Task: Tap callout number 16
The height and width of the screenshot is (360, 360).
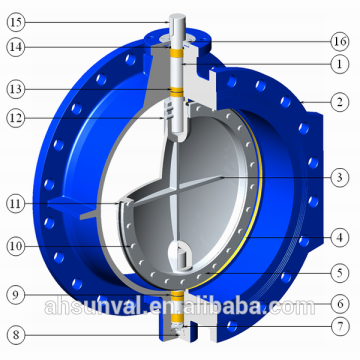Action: [340, 41]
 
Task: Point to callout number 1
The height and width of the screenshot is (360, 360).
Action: [340, 62]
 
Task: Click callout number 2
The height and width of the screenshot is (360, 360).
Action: [340, 102]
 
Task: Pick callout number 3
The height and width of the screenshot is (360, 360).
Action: [340, 178]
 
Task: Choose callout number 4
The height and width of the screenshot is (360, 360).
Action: [340, 237]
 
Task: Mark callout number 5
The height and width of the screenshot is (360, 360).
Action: [340, 270]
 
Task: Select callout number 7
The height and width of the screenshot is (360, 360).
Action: [340, 326]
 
